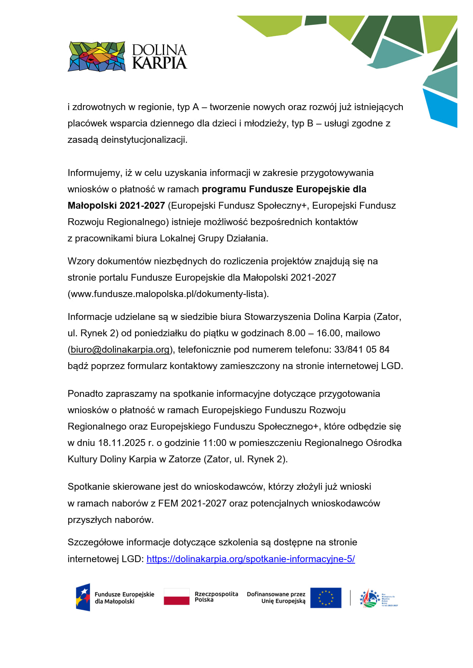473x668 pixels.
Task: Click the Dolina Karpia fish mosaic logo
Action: click(97, 57)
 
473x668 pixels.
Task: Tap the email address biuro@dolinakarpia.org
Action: click(120, 350)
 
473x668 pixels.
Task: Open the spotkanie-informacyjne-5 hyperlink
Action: click(251, 559)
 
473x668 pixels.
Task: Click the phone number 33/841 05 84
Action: click(362, 350)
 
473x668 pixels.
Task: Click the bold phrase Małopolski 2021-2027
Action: click(116, 206)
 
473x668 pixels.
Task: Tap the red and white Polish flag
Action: click(177, 597)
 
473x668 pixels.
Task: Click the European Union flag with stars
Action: click(325, 598)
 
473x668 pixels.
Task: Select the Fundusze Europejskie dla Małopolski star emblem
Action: click(83, 597)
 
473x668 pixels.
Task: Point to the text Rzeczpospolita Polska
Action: click(216, 597)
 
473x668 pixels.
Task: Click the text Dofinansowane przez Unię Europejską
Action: click(276, 598)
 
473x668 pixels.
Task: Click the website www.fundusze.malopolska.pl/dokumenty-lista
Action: click(168, 294)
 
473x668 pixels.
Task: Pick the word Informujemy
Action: click(94, 173)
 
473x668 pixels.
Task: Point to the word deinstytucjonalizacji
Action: click(144, 140)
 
